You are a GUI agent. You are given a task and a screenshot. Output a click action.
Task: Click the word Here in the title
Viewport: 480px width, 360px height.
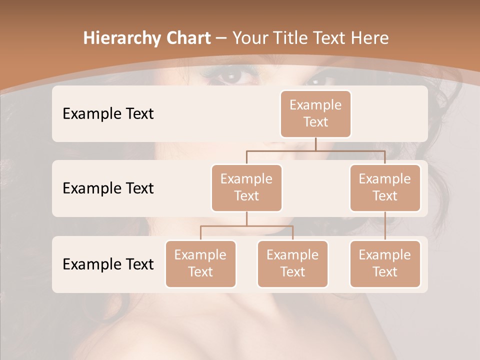(369, 38)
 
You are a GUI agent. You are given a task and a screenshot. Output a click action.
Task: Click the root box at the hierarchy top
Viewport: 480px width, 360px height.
(315, 113)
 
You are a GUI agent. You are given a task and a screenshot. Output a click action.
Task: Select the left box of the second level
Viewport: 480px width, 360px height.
(246, 187)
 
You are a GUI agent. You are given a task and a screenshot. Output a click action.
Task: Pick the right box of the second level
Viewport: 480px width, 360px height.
(385, 187)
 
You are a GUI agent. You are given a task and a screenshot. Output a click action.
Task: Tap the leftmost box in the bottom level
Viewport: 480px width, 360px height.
(200, 263)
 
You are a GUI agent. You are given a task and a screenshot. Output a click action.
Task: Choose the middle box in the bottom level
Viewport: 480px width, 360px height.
(292, 263)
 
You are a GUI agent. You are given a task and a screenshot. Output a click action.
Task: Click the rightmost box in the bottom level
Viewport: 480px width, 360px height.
(385, 263)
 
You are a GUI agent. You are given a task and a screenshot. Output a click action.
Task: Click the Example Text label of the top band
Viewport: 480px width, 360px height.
(108, 113)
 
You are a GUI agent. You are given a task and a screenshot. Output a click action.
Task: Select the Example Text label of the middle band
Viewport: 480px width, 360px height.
(108, 188)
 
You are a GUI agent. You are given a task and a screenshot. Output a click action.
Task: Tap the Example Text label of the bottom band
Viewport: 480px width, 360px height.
(108, 264)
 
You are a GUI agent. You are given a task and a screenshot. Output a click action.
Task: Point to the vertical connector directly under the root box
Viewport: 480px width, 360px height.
(315, 144)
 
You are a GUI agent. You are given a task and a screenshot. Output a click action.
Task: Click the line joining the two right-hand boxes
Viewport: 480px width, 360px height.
(385, 226)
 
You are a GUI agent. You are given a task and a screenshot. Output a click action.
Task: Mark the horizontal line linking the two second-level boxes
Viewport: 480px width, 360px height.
(315, 150)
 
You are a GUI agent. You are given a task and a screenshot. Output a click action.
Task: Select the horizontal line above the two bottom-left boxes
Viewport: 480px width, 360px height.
(246, 226)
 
